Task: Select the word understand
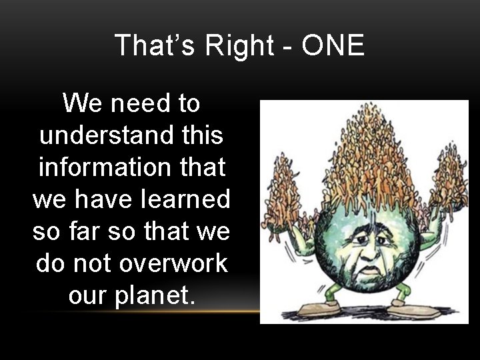(106, 135)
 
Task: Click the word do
(51, 263)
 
